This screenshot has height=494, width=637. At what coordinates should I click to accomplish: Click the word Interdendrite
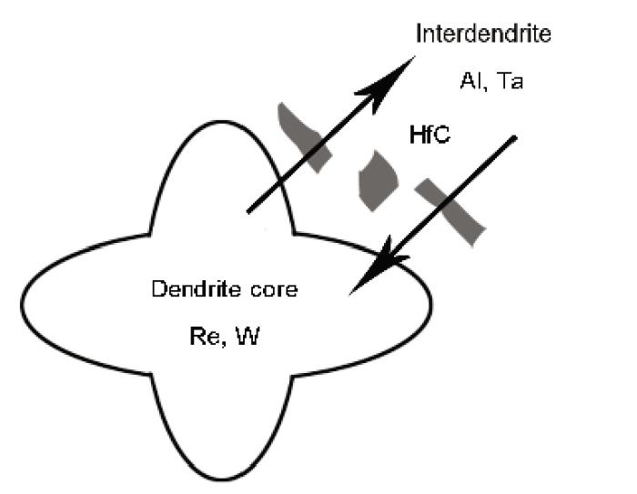point(483,34)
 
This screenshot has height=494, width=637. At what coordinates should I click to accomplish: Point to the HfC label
point(430,135)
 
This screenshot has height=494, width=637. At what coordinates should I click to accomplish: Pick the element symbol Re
point(205,337)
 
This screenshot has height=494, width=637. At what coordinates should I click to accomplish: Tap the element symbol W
point(248,336)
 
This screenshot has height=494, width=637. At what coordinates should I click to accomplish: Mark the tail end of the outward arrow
point(248,211)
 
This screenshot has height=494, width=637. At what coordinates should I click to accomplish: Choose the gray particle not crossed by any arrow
point(378,181)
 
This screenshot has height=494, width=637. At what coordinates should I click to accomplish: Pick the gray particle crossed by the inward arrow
point(450,211)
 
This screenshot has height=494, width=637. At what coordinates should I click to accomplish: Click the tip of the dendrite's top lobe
point(222,121)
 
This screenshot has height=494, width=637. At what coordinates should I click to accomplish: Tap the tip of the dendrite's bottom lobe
point(222,480)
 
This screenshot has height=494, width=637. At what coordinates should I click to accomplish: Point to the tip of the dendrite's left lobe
point(21,304)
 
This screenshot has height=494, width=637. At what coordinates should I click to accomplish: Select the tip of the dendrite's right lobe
point(431,304)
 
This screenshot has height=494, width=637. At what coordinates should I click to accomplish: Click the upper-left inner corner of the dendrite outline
point(150,235)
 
